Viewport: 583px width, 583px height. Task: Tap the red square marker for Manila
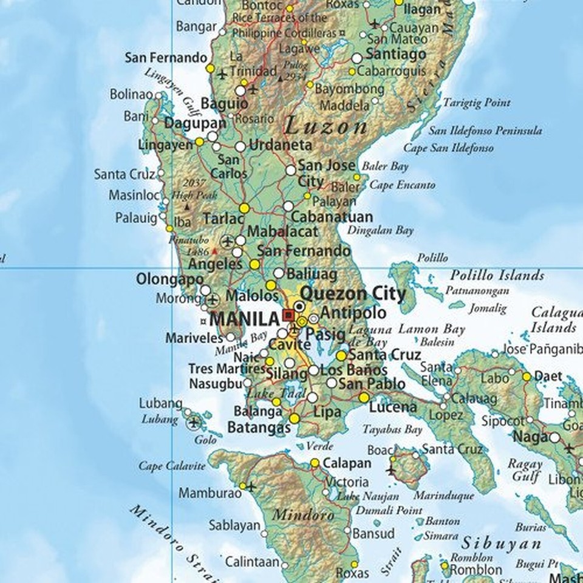(x=288, y=315)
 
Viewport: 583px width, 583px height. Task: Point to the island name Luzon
(x=326, y=127)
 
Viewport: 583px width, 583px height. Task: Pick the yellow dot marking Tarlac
(x=244, y=208)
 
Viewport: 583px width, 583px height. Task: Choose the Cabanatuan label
(x=332, y=217)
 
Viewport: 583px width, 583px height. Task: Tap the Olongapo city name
(x=169, y=280)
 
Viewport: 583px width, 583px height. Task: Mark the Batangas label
(x=259, y=428)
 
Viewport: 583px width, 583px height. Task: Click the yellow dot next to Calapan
(x=315, y=463)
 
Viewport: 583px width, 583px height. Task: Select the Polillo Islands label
(x=497, y=276)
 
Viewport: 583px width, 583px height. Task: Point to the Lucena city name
(x=393, y=407)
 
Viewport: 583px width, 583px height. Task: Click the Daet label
(x=548, y=377)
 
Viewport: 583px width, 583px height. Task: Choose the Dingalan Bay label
(x=380, y=230)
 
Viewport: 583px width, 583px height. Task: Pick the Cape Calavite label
(x=172, y=466)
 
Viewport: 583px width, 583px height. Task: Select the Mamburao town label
(x=210, y=493)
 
